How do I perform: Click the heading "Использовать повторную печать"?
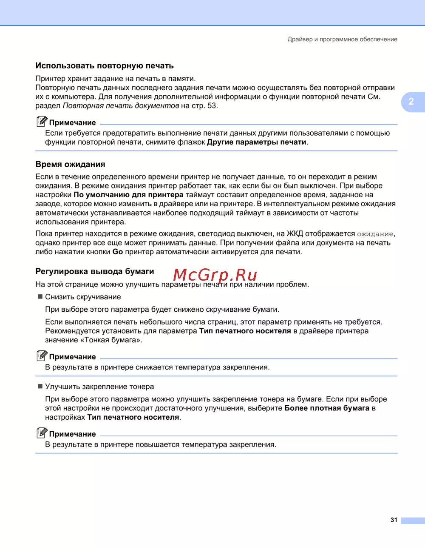tap(105, 66)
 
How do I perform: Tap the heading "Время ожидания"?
tap(70, 165)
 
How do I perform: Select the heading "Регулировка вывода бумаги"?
tap(95, 271)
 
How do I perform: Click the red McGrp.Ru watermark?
tap(215, 275)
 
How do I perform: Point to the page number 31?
tap(394, 520)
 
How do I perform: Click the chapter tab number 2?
tap(411, 102)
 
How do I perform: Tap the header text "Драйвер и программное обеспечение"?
tap(342, 39)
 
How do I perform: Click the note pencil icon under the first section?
tap(42, 122)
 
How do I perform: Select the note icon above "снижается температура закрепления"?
tap(42, 356)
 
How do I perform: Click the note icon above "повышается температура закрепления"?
tap(42, 433)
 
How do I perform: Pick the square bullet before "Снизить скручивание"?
tap(40, 296)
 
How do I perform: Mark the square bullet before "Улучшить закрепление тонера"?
tap(40, 386)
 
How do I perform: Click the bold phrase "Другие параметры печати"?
tap(257, 142)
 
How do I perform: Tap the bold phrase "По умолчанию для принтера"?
tap(128, 195)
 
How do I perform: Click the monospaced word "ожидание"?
tap(375, 234)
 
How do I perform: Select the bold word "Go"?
tap(118, 252)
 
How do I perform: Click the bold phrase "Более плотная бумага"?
tap(327, 408)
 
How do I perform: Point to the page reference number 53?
tap(212, 105)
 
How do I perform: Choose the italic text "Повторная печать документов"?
tap(121, 105)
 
